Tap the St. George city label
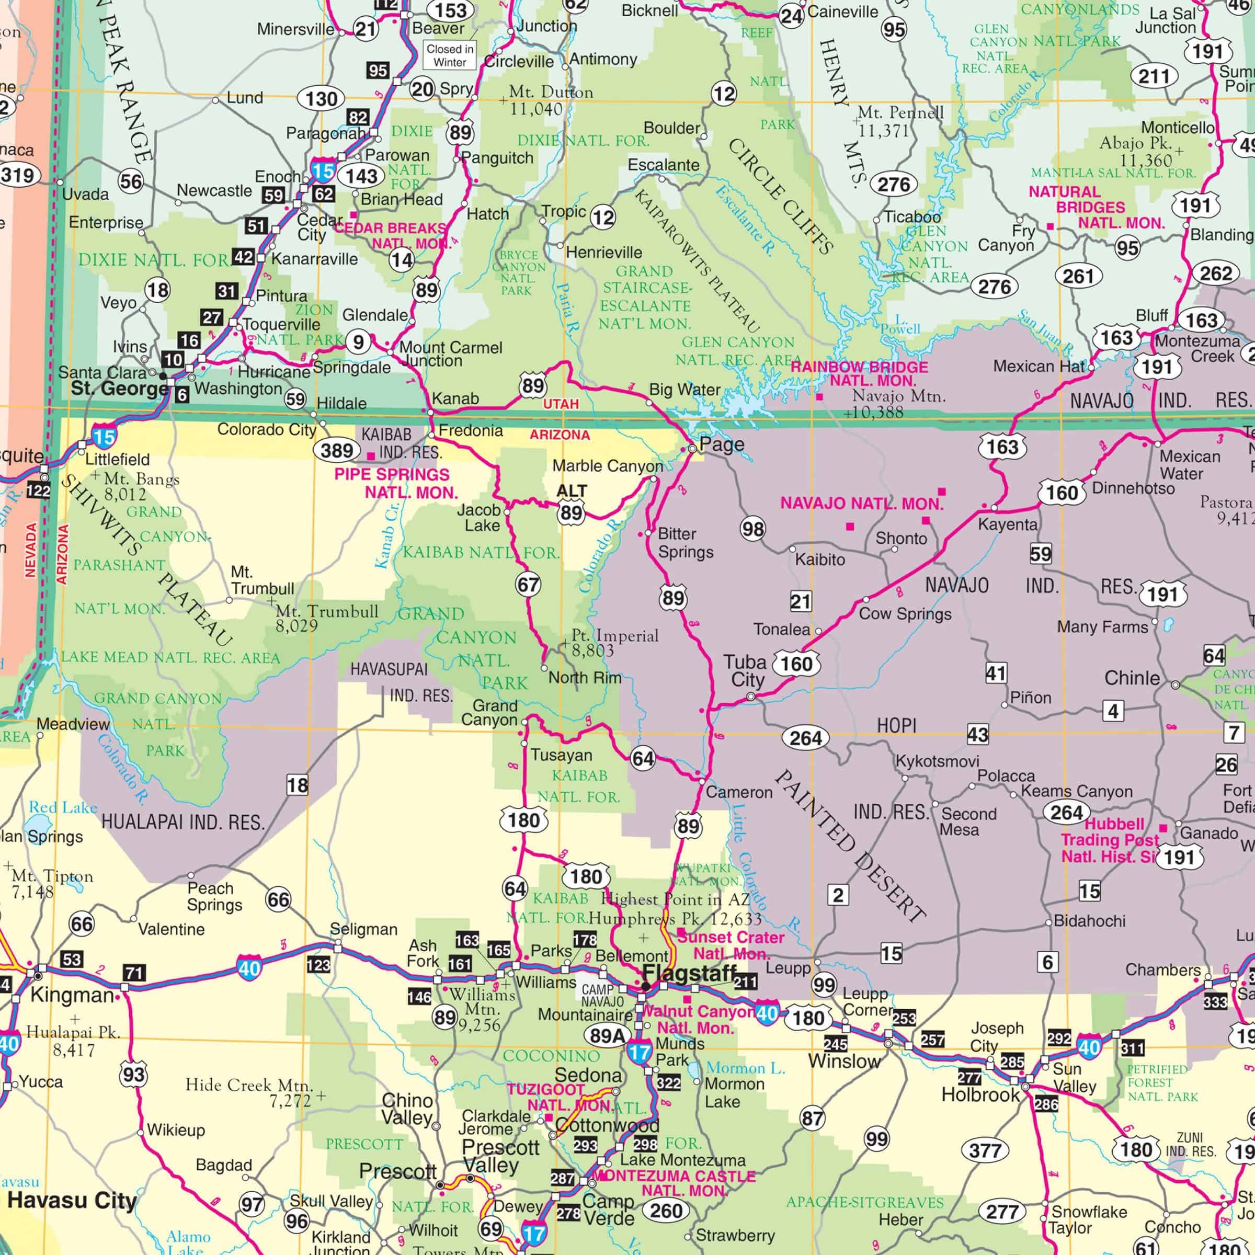(x=120, y=389)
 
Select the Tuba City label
(x=745, y=670)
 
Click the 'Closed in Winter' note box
(x=450, y=55)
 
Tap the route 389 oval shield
(x=337, y=450)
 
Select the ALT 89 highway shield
(x=572, y=504)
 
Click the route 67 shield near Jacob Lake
(x=528, y=585)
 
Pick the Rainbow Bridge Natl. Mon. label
(x=859, y=373)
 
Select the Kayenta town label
(x=1008, y=524)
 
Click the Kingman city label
(x=72, y=995)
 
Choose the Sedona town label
(x=588, y=1075)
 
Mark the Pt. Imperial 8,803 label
(x=614, y=643)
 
